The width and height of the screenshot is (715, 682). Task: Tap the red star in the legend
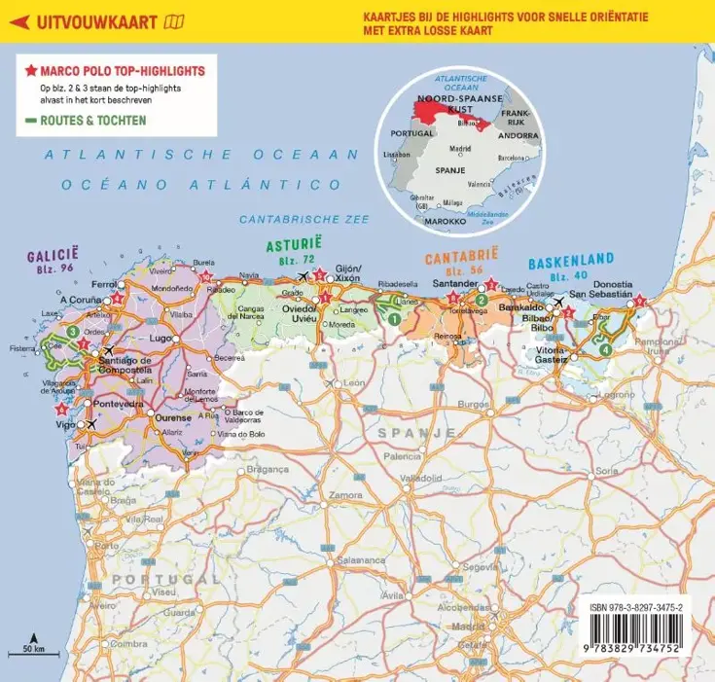pyautogui.click(x=31, y=72)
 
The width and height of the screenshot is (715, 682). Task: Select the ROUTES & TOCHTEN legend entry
pyautogui.click(x=92, y=122)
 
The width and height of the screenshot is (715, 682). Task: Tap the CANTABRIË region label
pyautogui.click(x=456, y=259)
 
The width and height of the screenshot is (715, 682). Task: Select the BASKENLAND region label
pyautogui.click(x=571, y=261)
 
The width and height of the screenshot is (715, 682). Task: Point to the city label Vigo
pyautogui.click(x=65, y=424)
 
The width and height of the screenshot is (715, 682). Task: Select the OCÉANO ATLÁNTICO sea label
pyautogui.click(x=210, y=183)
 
